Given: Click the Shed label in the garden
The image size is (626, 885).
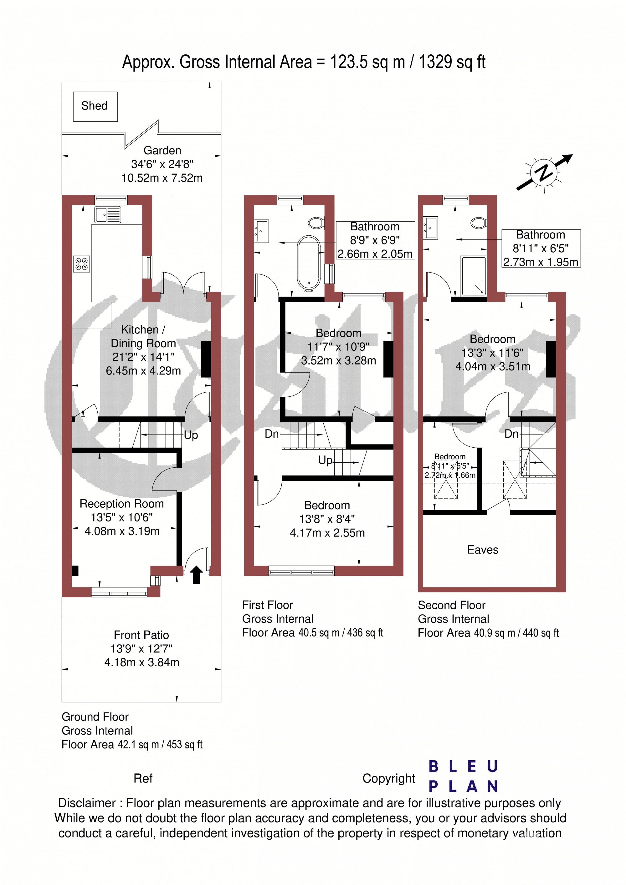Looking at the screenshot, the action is click(x=94, y=106).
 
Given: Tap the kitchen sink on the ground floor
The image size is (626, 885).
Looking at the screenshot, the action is click(x=108, y=215).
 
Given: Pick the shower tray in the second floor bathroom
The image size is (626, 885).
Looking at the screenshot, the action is click(x=474, y=276).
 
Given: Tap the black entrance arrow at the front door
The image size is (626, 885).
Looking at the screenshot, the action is click(x=197, y=575).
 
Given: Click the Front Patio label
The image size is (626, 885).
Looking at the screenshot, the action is click(x=141, y=635).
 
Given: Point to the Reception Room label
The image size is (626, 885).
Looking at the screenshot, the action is click(x=121, y=504).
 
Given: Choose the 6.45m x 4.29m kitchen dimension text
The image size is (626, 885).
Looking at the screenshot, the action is click(x=143, y=371).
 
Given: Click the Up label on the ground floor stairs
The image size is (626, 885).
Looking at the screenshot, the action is click(x=191, y=435).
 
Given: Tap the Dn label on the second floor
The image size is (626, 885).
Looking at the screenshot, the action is click(x=511, y=434).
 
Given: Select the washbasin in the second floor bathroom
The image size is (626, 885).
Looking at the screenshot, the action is click(x=430, y=228).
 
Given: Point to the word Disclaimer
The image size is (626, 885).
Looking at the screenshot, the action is click(x=87, y=803).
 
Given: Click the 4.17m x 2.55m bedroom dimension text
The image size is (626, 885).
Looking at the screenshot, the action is click(x=327, y=533).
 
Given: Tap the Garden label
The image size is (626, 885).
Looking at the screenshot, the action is click(x=162, y=150).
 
